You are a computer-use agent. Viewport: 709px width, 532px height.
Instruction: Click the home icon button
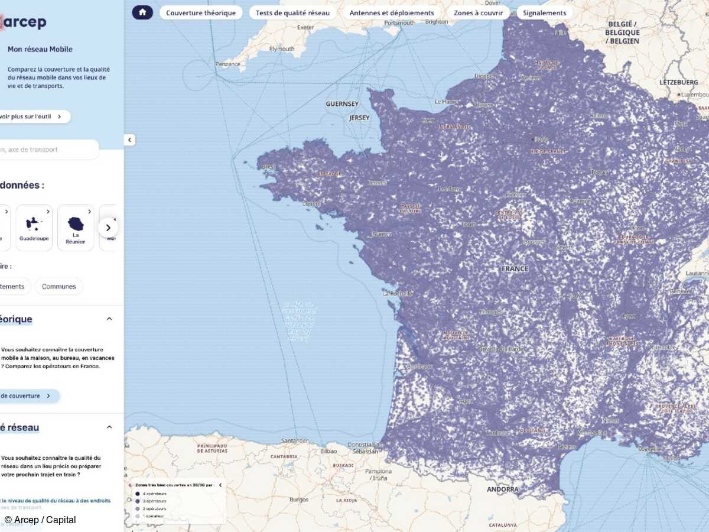142,12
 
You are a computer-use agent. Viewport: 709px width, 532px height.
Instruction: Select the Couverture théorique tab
201,12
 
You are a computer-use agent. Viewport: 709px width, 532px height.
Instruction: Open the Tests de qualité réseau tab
292,12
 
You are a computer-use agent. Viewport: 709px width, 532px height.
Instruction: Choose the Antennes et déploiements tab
392,12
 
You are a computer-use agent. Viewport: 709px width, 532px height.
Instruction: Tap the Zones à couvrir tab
478,12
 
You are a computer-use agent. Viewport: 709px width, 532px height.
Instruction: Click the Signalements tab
544,12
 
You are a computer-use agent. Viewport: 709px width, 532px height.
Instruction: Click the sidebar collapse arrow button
130,140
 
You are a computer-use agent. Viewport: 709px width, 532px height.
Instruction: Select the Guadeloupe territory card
34,228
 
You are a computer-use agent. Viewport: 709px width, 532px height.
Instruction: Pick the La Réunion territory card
76,228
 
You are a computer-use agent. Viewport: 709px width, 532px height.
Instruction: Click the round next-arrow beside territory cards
108,228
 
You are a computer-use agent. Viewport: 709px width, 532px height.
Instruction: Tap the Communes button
58,286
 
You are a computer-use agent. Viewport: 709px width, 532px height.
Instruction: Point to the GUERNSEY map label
342,104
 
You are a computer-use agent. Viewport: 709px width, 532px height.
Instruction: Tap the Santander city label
295,440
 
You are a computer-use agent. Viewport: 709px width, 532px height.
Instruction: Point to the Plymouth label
281,49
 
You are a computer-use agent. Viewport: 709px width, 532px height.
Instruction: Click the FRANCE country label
515,268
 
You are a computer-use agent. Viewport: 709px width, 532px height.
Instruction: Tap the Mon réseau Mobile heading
40,49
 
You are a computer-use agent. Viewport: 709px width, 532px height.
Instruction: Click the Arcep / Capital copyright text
40,520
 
